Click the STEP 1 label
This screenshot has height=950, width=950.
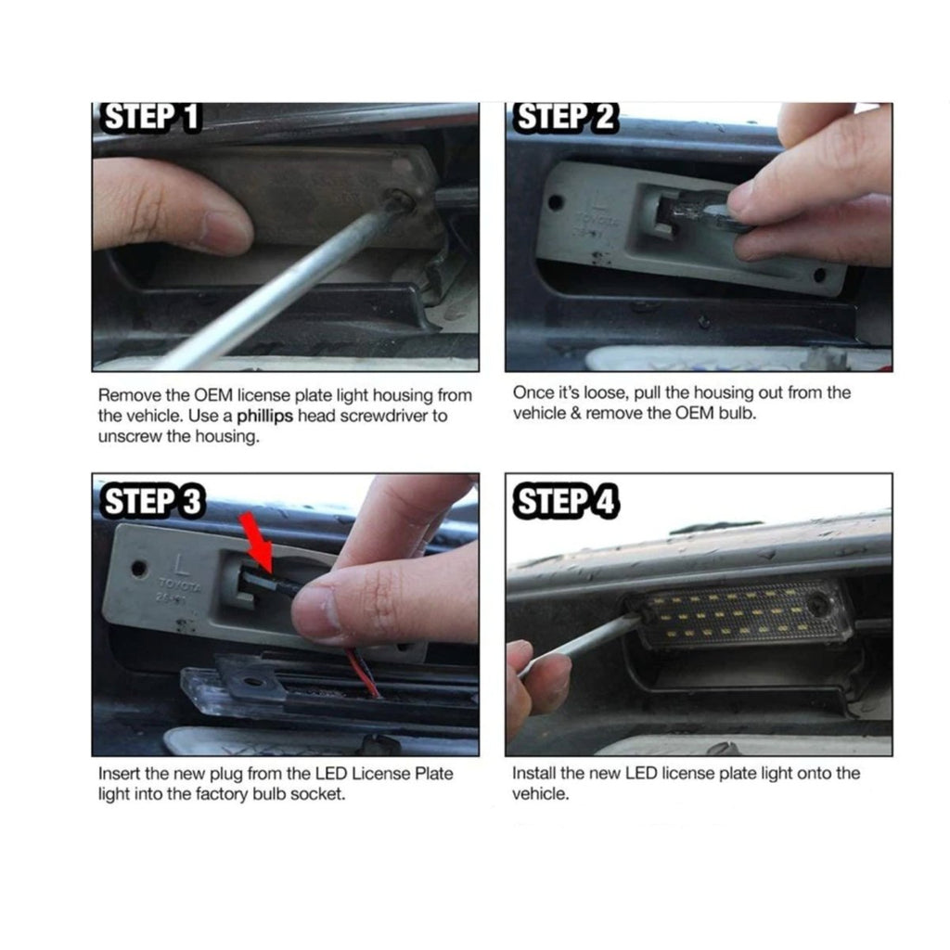[151, 117]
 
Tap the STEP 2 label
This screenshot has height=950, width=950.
[565, 117]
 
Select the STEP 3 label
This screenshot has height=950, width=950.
[153, 501]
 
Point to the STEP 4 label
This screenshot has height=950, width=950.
[567, 502]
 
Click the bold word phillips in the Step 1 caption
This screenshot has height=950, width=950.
[264, 417]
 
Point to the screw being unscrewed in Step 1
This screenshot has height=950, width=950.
[399, 201]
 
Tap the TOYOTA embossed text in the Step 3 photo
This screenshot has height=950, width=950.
[179, 585]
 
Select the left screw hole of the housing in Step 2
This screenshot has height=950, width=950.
[555, 203]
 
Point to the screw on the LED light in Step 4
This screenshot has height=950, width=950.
[818, 606]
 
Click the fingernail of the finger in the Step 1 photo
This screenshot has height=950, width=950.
[225, 230]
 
